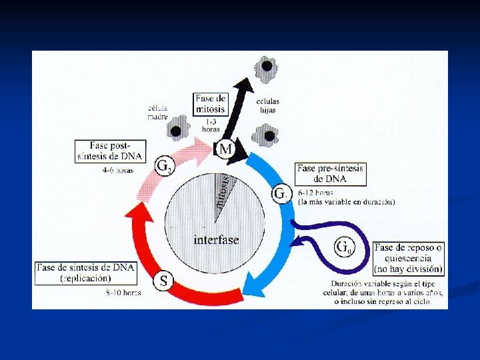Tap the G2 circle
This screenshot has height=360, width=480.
tap(164, 166)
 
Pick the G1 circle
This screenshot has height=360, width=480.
tap(281, 194)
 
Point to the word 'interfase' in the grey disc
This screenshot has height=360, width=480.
tap(216, 239)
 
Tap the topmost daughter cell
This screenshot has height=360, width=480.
tap(267, 66)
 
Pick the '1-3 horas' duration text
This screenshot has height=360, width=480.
tap(211, 125)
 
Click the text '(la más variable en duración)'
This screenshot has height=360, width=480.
tap(347, 201)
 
